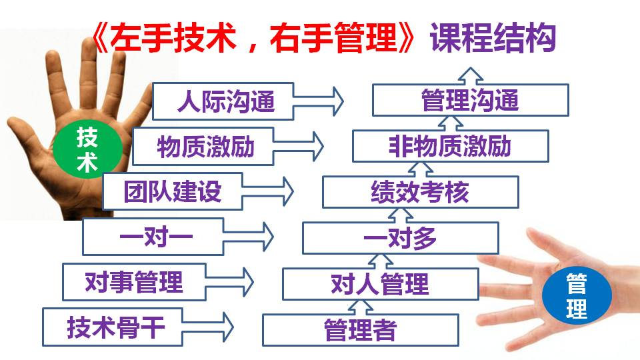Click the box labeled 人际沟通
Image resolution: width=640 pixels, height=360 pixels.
pos(223,101)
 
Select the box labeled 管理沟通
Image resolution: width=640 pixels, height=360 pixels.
pos(470,101)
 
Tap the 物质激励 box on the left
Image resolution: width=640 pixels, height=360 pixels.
pos(203,147)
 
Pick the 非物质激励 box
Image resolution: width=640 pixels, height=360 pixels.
pos(450,146)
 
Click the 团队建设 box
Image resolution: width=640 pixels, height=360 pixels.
pos(173,191)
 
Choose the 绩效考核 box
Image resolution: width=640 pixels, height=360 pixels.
pos(421,192)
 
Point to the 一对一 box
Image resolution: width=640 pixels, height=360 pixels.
pos(153,237)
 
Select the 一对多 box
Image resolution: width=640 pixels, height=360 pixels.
pos(401,238)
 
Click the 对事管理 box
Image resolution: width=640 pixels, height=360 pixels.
pos(134,282)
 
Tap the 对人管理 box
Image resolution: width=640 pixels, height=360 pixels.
pos(381,284)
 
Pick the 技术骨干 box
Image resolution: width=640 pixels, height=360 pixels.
pos(112,327)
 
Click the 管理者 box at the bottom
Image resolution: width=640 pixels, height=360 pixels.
pos(361,330)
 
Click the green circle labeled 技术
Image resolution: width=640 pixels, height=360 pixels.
pos(87,149)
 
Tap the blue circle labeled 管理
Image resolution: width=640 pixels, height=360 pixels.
pos(577,296)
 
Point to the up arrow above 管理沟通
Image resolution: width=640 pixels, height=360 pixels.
pos(470,76)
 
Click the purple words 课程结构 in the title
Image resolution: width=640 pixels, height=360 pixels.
pos(493,38)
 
